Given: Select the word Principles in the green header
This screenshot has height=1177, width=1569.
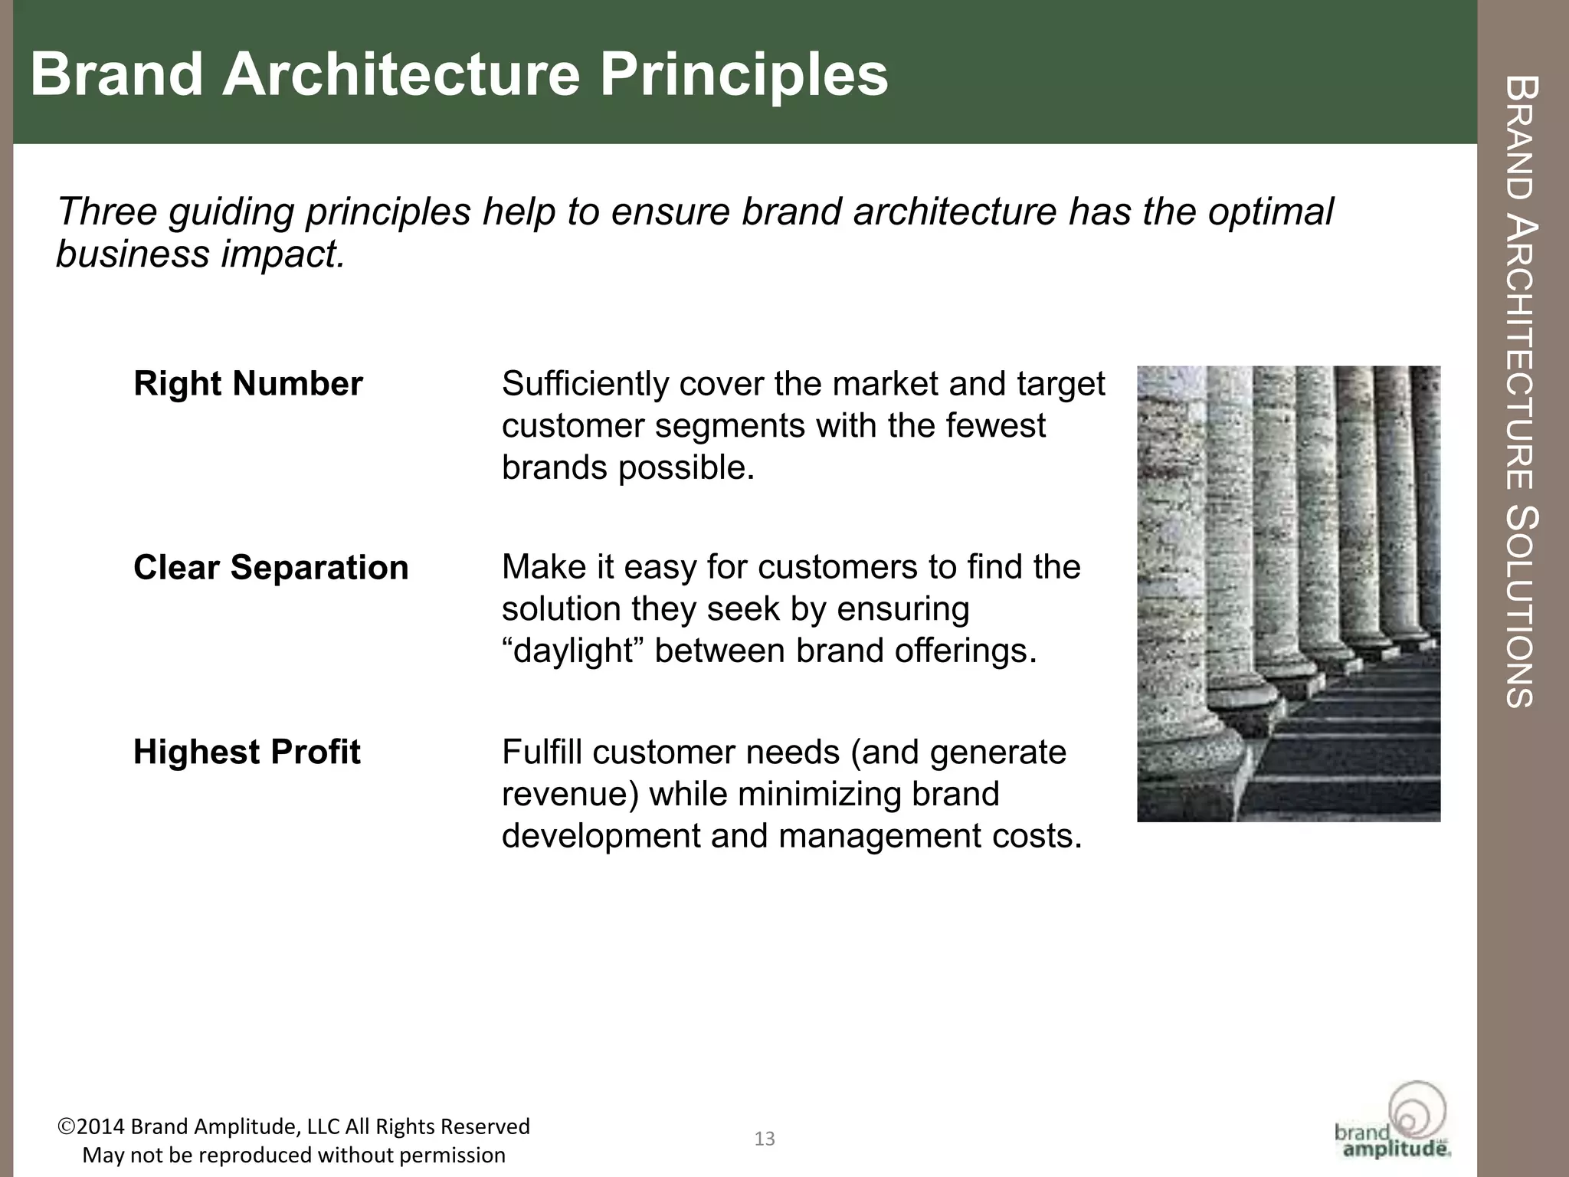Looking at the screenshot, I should click(x=743, y=76).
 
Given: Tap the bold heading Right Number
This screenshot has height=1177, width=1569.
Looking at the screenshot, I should click(x=247, y=384).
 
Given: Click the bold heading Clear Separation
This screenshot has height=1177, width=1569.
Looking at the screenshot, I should click(x=270, y=568).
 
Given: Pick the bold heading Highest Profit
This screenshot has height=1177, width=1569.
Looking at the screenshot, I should click(x=247, y=752).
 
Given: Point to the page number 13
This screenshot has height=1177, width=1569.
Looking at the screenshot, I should click(x=765, y=1139).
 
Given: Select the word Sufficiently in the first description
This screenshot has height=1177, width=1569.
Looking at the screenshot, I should click(x=585, y=384).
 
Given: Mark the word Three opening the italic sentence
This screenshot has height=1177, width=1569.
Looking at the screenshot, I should click(x=106, y=211).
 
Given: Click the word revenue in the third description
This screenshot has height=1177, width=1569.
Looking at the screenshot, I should click(x=564, y=795).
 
